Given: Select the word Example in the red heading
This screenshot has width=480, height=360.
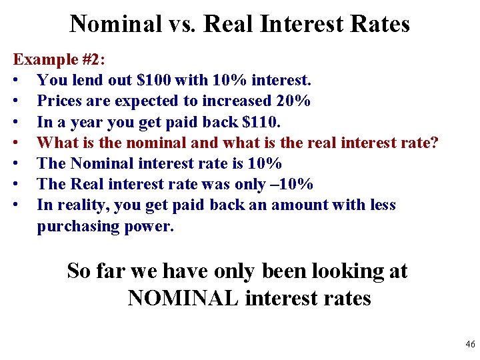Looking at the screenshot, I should pos(42,59).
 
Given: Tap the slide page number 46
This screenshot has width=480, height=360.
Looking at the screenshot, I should pos(470,345).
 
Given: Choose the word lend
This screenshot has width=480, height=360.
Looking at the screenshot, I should pos(83,81).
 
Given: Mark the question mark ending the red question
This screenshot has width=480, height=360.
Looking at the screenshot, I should pos(435,143).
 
